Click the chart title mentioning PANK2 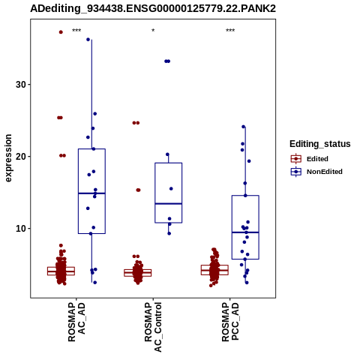(x=153, y=8)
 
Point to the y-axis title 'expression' (x=8, y=158)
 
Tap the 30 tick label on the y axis (x=21, y=85)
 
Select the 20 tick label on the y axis (x=21, y=157)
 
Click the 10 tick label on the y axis (x=21, y=229)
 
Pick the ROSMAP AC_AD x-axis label (x=76, y=322)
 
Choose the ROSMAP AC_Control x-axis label (x=153, y=327)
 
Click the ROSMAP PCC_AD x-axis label (x=230, y=322)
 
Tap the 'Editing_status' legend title (x=320, y=144)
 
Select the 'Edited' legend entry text (x=317, y=159)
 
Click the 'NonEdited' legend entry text (x=325, y=172)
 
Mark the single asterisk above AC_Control (x=153, y=31)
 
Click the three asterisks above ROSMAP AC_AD (x=76, y=31)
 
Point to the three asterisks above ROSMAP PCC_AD (x=230, y=31)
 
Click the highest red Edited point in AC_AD (x=61, y=32)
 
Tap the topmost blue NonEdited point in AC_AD (x=88, y=40)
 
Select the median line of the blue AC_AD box (x=91, y=193)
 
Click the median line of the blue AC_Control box (x=169, y=203)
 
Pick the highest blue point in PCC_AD (x=243, y=127)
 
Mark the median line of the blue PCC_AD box (x=245, y=232)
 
